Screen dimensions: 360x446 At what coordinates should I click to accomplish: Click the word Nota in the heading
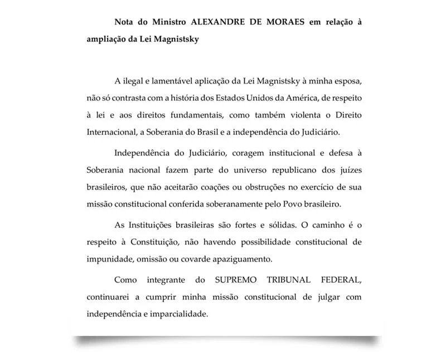(x=125, y=23)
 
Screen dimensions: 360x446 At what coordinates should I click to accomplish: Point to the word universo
(x=236, y=171)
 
